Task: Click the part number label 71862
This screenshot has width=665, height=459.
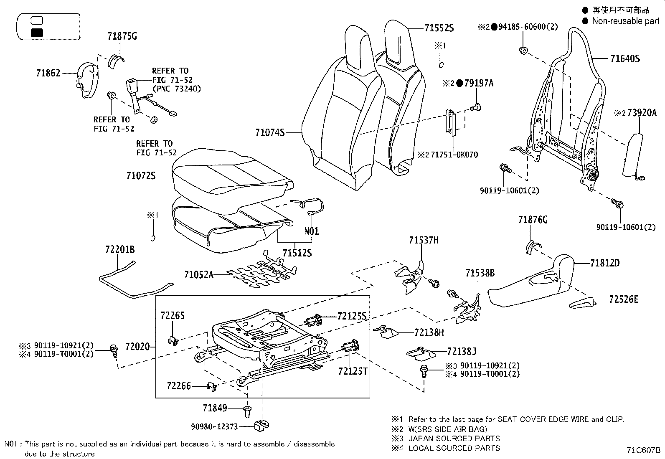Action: pyautogui.click(x=48, y=73)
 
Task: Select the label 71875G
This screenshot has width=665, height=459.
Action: pyautogui.click(x=122, y=36)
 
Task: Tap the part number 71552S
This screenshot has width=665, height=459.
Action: pyautogui.click(x=439, y=28)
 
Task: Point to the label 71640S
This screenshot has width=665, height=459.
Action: pyautogui.click(x=625, y=59)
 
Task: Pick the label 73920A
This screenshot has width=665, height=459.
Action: pyautogui.click(x=639, y=112)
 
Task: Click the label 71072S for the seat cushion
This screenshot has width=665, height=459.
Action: pyautogui.click(x=141, y=176)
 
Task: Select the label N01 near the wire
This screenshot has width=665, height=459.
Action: pyautogui.click(x=311, y=231)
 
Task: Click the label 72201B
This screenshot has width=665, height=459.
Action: pyautogui.click(x=120, y=250)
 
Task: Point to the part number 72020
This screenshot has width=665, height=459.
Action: pyautogui.click(x=137, y=347)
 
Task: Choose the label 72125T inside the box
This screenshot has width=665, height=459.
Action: pyautogui.click(x=353, y=371)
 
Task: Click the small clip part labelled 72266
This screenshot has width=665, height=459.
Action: pyautogui.click(x=212, y=387)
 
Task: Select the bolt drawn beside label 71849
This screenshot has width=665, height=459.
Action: pyautogui.click(x=247, y=411)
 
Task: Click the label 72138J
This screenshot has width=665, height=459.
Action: pyautogui.click(x=462, y=352)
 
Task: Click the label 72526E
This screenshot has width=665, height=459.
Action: pyautogui.click(x=624, y=299)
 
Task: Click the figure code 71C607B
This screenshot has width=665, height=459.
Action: pyautogui.click(x=643, y=451)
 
